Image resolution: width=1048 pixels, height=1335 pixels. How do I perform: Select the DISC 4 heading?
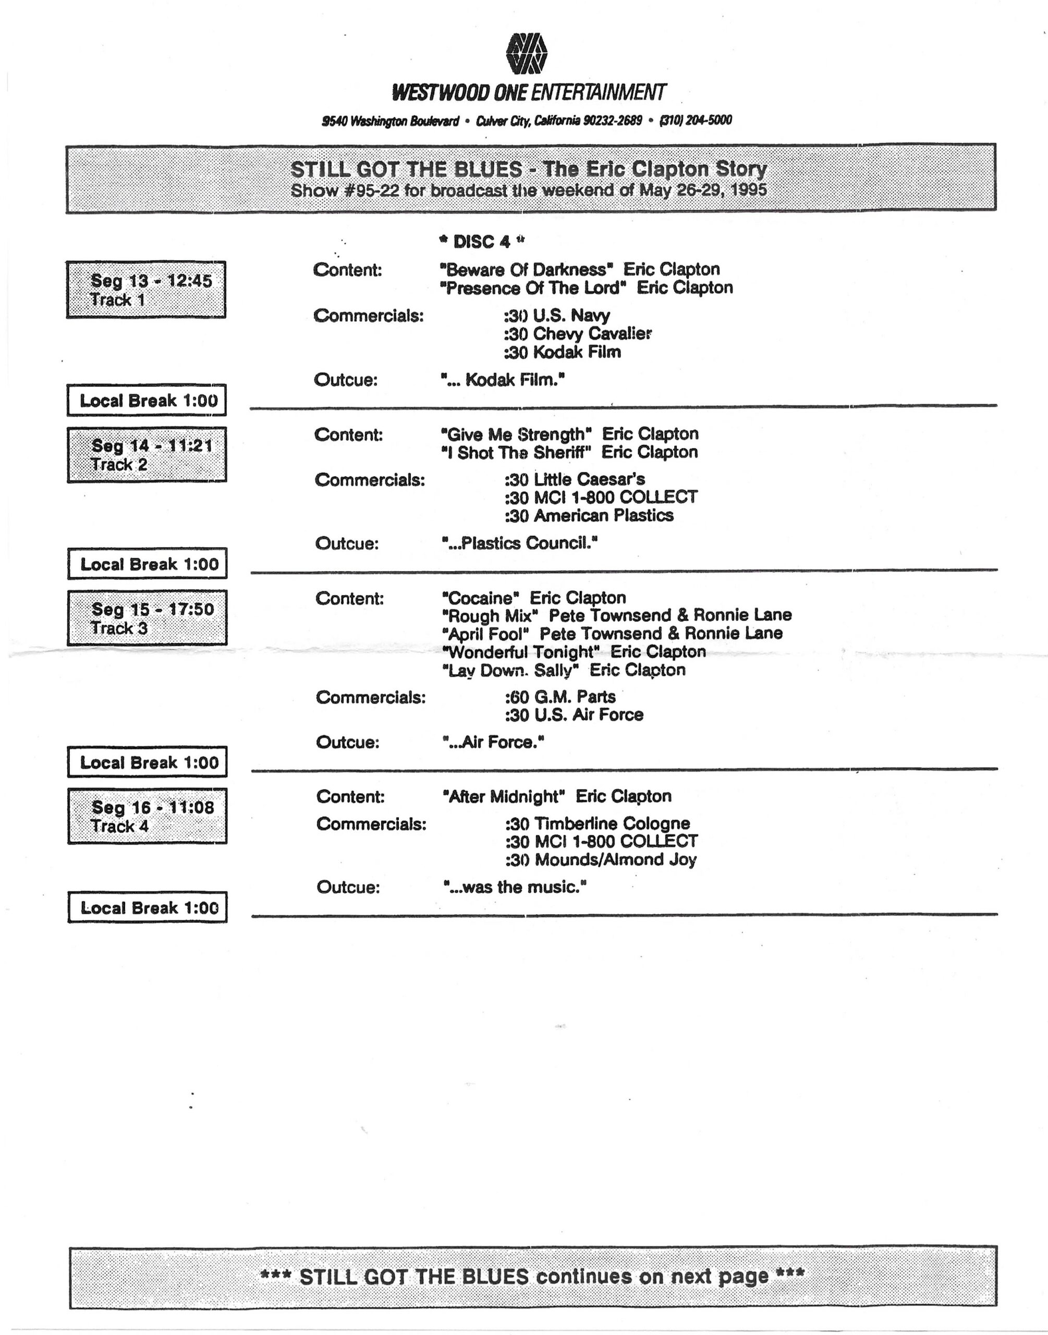pyautogui.click(x=482, y=242)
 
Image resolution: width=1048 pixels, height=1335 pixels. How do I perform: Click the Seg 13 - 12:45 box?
pyautogui.click(x=146, y=289)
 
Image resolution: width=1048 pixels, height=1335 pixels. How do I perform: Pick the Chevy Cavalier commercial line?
pyautogui.click(x=577, y=334)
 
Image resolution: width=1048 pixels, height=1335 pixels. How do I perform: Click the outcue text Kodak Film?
pyautogui.click(x=503, y=380)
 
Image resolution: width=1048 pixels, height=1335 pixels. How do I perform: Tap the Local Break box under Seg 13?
pyautogui.click(x=147, y=400)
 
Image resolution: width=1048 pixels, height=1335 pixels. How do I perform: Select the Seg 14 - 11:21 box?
pyautogui.click(x=147, y=455)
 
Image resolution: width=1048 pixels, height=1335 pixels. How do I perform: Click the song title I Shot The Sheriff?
pyautogui.click(x=517, y=453)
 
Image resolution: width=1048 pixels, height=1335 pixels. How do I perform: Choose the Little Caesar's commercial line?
pyautogui.click(x=574, y=479)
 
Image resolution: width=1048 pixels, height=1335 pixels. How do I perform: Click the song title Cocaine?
pyautogui.click(x=481, y=598)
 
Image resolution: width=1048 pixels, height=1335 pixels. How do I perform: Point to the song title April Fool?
pyautogui.click(x=485, y=634)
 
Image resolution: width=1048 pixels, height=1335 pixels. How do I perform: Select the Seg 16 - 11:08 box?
pyautogui.click(x=147, y=816)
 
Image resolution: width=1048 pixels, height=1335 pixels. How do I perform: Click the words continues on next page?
pyautogui.click(x=653, y=1277)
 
